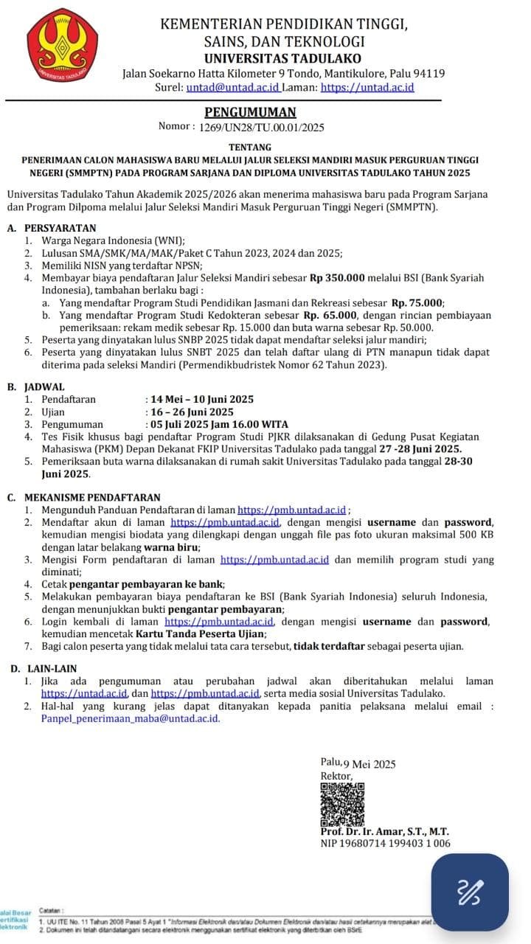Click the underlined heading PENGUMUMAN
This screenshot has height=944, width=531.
[x=250, y=112]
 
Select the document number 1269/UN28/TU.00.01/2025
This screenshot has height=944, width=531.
[x=262, y=128]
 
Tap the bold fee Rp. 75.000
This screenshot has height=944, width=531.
[x=417, y=302]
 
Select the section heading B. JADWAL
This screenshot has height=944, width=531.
[x=36, y=386]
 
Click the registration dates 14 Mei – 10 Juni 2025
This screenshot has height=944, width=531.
[x=201, y=399]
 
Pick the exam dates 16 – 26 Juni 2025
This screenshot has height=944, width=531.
[x=191, y=412]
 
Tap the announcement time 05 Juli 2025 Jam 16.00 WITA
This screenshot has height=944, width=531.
[x=219, y=424]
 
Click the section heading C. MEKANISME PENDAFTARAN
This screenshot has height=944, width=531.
[x=83, y=498]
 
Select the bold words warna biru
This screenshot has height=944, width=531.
[x=171, y=547]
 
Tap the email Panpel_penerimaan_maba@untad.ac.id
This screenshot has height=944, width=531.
[x=130, y=718]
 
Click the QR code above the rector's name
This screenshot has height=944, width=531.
[x=343, y=803]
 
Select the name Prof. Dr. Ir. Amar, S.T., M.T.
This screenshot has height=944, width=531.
[x=384, y=831]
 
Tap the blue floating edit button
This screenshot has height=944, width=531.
[x=471, y=892]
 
